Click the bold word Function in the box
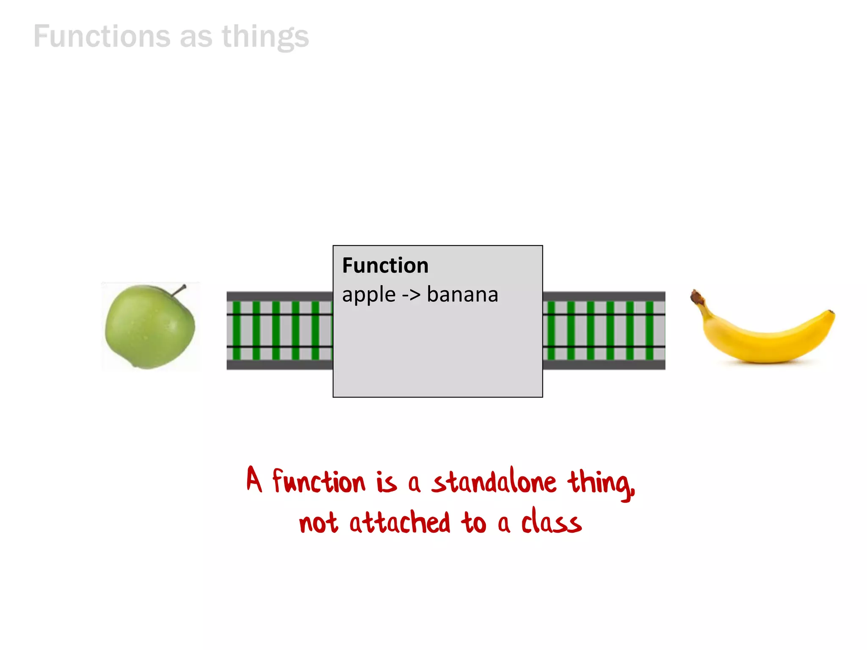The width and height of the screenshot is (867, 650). click(x=385, y=266)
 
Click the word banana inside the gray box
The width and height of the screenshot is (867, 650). click(x=462, y=295)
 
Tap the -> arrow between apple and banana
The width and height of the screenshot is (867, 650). click(x=411, y=295)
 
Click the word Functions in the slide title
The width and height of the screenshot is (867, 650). click(x=102, y=36)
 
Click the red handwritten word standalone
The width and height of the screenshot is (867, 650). click(x=494, y=482)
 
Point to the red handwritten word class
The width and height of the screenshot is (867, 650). click(x=551, y=521)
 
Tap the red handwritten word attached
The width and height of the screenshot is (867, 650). click(x=400, y=522)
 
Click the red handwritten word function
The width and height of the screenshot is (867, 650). click(x=318, y=482)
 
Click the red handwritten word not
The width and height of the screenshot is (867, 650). click(x=318, y=523)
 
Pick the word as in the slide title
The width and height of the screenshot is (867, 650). click(x=196, y=37)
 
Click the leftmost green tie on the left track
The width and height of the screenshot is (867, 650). click(x=237, y=330)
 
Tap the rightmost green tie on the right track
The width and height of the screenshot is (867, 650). click(x=649, y=330)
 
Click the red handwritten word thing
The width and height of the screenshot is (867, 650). click(x=600, y=482)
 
